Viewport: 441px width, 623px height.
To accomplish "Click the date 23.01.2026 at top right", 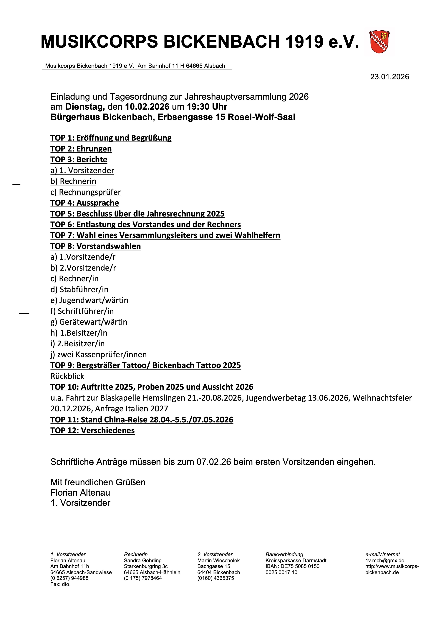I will coord(389,77).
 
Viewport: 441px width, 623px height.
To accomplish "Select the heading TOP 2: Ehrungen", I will coord(81,149).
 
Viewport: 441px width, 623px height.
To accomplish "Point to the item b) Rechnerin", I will coord(73,181).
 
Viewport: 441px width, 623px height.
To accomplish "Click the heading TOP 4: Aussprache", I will coord(84,203).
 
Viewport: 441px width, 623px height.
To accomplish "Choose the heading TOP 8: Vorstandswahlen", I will coord(96,246).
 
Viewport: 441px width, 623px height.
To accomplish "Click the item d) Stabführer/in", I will coord(79,289).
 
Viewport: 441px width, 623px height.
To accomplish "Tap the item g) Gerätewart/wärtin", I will coord(89,322).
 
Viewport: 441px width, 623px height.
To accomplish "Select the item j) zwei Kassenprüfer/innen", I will coord(99,355).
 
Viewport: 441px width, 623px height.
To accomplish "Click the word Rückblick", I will coord(67,376).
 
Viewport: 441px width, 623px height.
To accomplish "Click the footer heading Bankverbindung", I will coord(284,555).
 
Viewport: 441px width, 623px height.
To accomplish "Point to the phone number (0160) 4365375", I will coord(216,578).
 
